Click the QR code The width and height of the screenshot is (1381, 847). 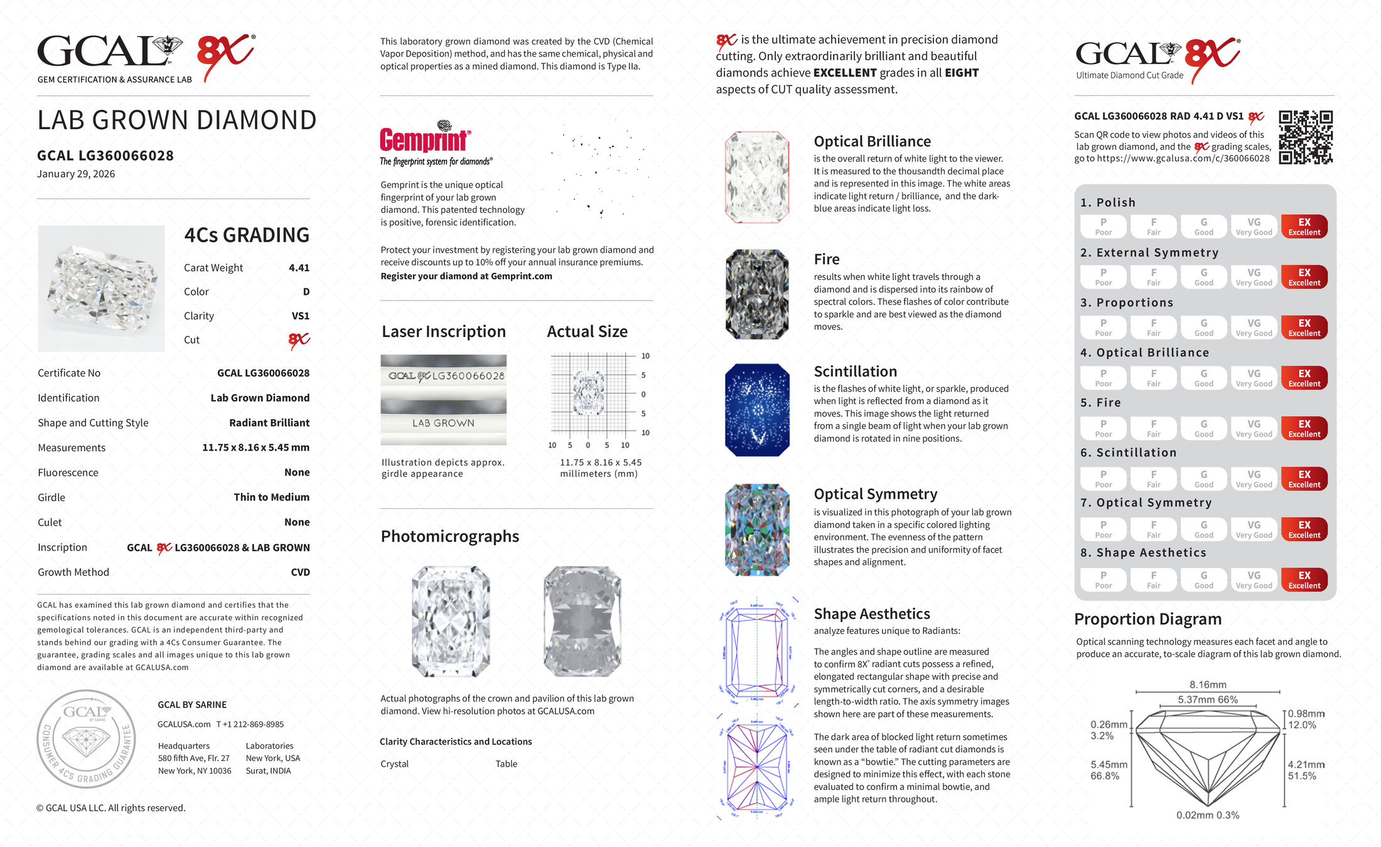coord(1305,137)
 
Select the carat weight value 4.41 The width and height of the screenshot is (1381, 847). coord(299,268)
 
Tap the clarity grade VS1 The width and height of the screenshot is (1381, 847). coord(300,316)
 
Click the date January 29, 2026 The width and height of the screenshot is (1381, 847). coord(76,174)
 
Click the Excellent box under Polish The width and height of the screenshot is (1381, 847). coord(1304,226)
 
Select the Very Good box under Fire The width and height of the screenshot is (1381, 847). coord(1254,429)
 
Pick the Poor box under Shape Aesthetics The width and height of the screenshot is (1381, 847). coord(1103,580)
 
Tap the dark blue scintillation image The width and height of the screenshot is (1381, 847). coord(757,410)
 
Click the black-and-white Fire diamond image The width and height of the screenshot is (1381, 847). coord(757,294)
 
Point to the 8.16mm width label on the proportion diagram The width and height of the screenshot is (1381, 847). coord(1207,685)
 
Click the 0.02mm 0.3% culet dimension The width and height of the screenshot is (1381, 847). coord(1207,815)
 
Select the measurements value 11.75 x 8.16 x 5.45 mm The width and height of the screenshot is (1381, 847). coord(255,447)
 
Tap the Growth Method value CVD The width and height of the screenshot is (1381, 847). coord(300,572)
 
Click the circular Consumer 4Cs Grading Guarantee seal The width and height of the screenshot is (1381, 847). coord(86,738)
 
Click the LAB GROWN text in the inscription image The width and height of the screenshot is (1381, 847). coord(443,423)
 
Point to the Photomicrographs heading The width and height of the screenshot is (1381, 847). coord(449,536)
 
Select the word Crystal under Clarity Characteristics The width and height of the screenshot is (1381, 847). coord(394,764)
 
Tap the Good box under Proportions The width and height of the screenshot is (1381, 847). coord(1203,328)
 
